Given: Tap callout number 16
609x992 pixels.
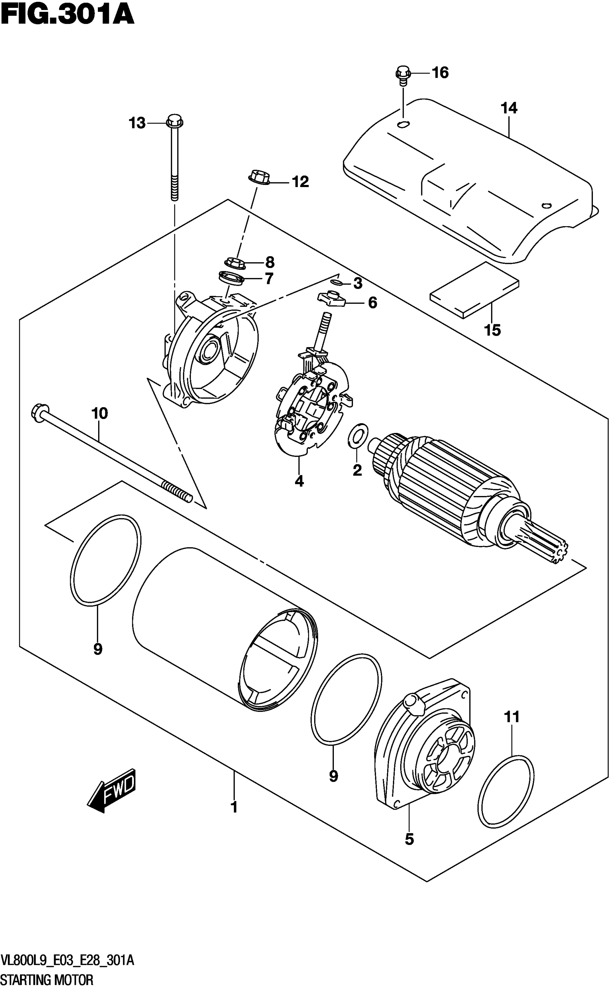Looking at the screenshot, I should tap(440, 73).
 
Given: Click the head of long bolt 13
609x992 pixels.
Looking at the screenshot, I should tap(174, 120).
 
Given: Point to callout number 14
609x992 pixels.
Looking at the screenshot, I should tap(509, 108).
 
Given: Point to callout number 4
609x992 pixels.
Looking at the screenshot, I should tap(299, 481).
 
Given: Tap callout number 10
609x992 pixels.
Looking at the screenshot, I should tap(100, 414).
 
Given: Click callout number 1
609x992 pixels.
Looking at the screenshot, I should tap(234, 826).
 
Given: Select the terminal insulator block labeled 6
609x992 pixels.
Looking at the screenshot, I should tap(333, 299).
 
